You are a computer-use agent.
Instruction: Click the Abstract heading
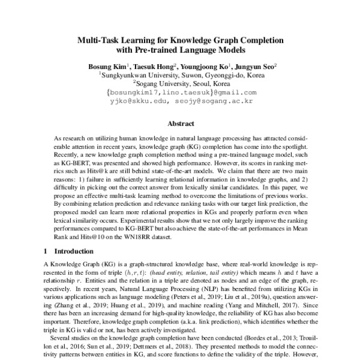tap(180, 124)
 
